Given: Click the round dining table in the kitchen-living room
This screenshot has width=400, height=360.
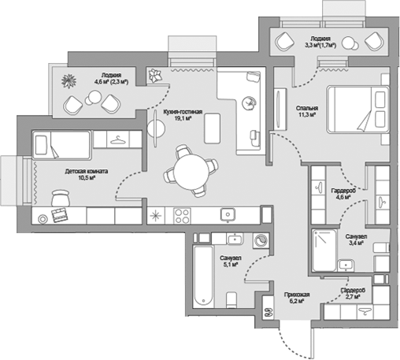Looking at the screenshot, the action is coord(191,172).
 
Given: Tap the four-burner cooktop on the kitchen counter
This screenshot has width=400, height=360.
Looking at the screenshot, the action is coord(182,216).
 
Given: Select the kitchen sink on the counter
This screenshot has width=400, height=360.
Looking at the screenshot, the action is coord(228,214).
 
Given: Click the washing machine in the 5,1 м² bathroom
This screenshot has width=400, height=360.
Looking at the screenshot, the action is coord(261,240).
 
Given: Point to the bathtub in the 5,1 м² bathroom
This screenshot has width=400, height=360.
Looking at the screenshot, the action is coord(203,276).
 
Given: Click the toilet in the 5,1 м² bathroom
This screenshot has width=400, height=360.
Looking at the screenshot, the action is coord(231,300).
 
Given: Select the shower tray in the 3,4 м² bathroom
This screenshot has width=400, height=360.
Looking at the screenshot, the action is coord(324,251).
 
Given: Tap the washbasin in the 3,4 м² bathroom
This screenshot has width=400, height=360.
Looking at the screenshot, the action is coord(346,265).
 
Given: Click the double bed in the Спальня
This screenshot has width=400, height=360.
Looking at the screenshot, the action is coord(357,109).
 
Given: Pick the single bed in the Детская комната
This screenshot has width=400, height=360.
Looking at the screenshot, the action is coord(61,145).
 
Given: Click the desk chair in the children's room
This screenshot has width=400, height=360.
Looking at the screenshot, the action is coord(61,199).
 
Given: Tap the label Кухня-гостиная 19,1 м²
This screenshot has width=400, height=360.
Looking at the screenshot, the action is coord(183,115).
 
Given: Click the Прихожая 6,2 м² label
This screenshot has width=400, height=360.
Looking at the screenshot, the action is coord(297,298).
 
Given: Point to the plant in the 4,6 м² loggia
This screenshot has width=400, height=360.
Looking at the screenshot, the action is coord(69,80).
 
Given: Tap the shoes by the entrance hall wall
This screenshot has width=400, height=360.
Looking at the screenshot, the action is coord(268,313).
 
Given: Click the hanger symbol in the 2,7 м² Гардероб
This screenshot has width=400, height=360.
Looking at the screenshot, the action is coord(365,311).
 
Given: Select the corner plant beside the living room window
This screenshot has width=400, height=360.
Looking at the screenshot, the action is coord(155,76).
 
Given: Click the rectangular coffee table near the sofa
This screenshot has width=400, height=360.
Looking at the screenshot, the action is coord(212,128).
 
